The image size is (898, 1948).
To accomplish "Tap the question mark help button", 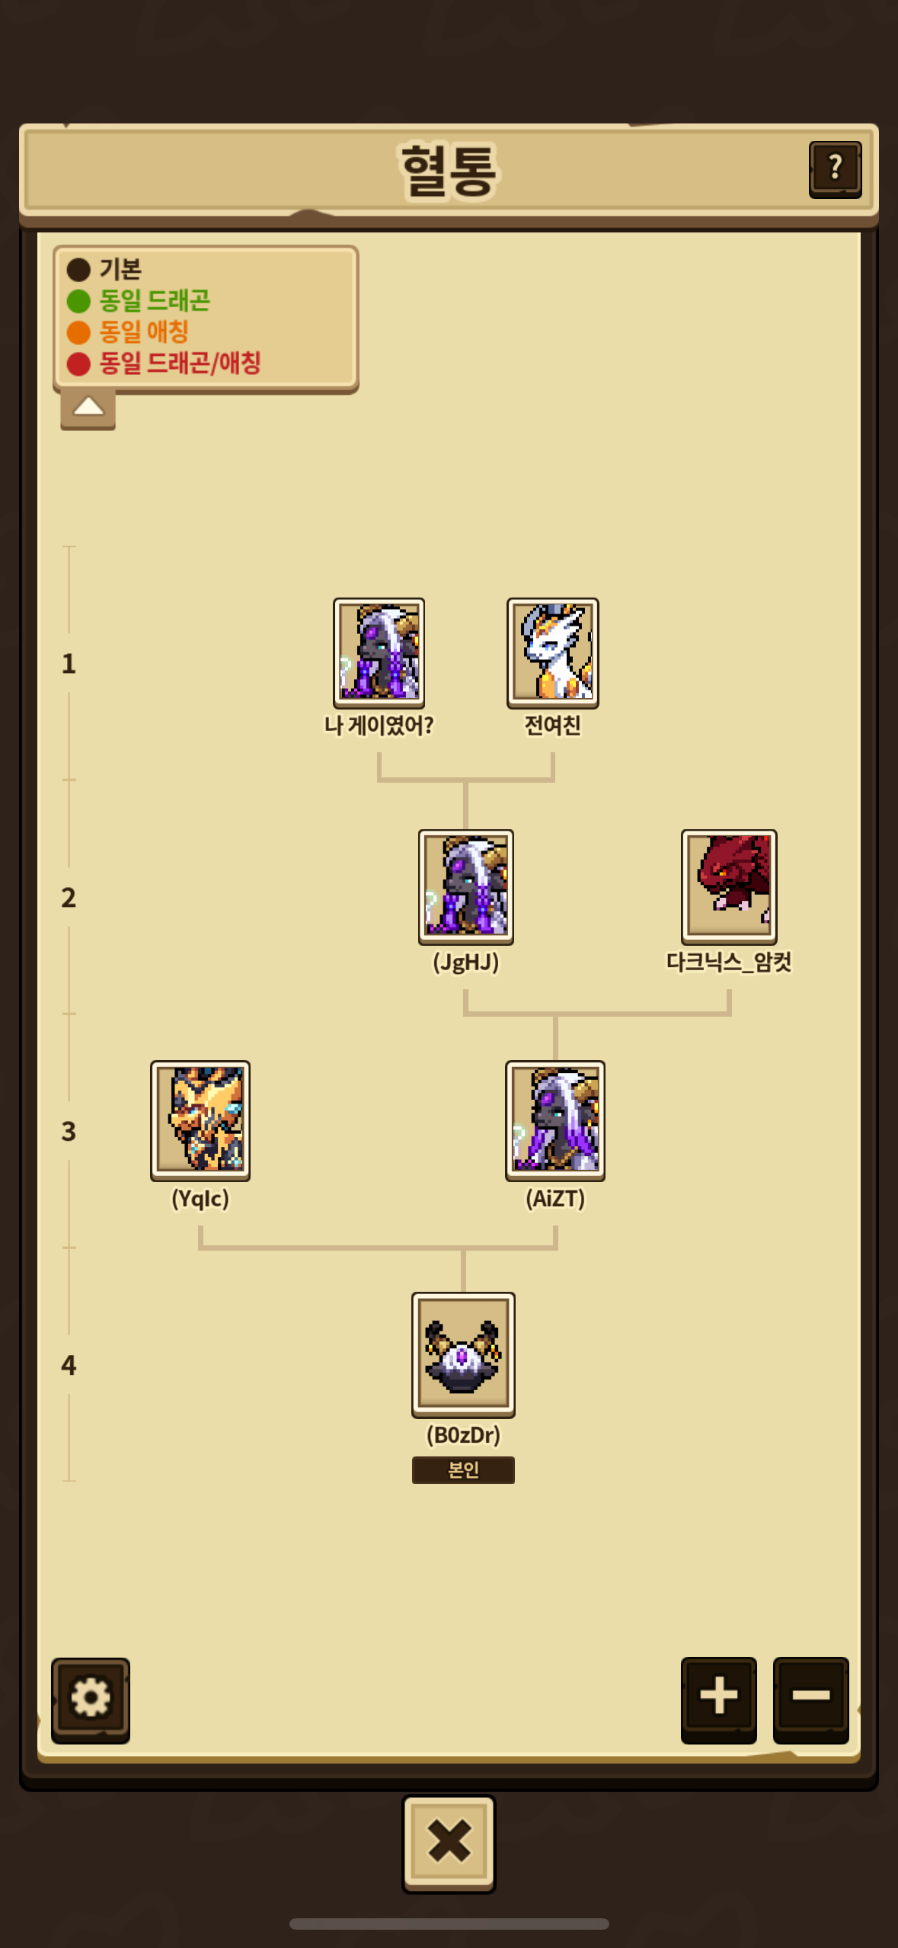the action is (835, 169).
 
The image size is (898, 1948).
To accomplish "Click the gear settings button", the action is (91, 1700).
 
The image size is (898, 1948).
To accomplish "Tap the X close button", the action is (449, 1843).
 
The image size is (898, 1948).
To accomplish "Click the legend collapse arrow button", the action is (88, 408).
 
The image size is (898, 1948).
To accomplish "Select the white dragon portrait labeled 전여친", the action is (553, 653).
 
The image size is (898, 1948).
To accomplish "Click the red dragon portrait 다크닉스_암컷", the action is (729, 887).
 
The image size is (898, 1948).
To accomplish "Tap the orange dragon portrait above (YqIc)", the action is (200, 1120).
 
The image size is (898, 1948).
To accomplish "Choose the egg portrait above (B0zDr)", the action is (463, 1354).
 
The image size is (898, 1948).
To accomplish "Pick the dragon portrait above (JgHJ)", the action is (466, 887).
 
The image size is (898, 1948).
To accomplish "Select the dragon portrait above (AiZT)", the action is (555, 1120).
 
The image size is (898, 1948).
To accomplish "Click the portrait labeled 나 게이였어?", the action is (379, 653).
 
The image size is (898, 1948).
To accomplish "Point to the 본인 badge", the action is (463, 1469).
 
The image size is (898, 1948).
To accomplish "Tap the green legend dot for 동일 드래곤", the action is (78, 301).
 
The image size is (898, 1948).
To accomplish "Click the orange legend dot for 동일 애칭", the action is (78, 332).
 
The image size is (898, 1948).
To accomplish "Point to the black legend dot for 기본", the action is (78, 270).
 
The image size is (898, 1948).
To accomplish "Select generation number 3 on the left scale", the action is (69, 1131).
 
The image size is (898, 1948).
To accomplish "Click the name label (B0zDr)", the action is (463, 1435).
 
